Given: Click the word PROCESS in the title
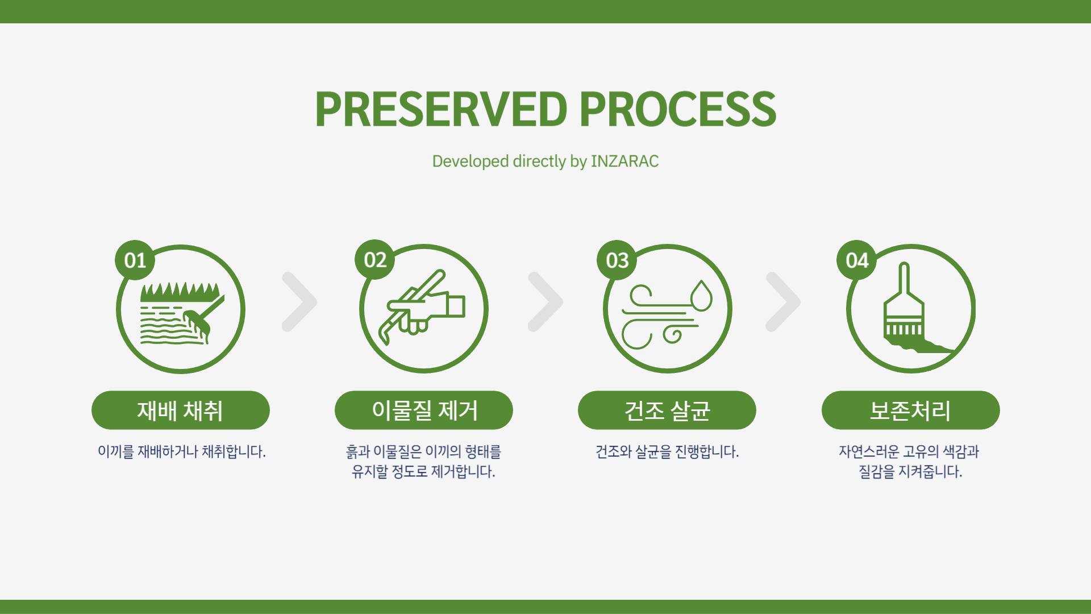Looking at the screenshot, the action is (x=678, y=109).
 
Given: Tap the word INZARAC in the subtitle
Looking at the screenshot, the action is (x=624, y=161).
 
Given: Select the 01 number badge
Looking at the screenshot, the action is (x=135, y=260).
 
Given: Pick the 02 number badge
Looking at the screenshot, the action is (x=375, y=259).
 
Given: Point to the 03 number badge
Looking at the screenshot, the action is (x=617, y=260).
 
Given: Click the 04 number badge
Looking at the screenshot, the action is (x=857, y=260).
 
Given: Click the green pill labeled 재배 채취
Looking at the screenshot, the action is (x=181, y=410).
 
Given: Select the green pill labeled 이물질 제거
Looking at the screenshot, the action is (x=424, y=410).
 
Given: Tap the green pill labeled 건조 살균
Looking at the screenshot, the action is (x=667, y=410).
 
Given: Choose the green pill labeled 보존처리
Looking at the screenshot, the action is (x=911, y=410).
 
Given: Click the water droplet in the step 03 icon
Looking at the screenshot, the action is (x=702, y=296).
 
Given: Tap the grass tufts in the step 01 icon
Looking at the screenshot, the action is (x=180, y=292).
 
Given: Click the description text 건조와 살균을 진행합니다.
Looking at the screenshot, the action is (x=667, y=451).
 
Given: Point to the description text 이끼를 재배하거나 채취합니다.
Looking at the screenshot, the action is (x=182, y=451).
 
